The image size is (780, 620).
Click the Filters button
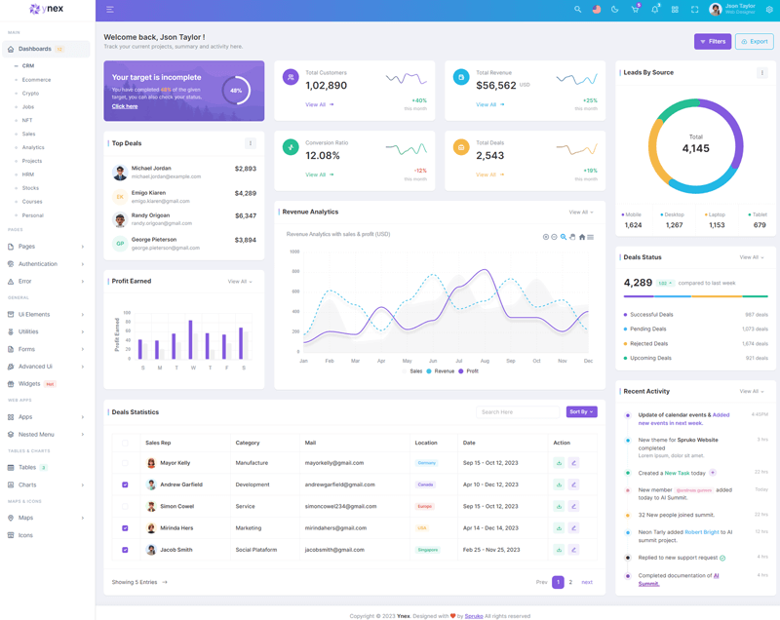tap(713, 41)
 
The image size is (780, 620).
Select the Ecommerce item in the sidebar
tap(36, 80)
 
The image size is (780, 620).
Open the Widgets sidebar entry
tap(29, 383)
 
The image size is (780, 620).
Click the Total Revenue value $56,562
tap(496, 86)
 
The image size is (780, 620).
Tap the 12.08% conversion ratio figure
tap(323, 156)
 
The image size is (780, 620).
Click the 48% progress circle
tap(236, 91)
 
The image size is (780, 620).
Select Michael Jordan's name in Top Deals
tap(150, 169)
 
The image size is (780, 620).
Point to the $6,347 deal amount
tap(245, 216)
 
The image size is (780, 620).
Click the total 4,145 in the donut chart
tap(695, 148)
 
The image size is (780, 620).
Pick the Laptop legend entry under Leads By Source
tap(716, 214)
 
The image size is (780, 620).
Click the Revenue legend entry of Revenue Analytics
tap(444, 371)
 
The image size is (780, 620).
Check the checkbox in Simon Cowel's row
tap(125, 507)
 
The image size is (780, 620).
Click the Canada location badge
tap(425, 484)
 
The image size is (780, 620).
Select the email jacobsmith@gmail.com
tap(333, 550)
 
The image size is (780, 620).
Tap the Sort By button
tap(581, 412)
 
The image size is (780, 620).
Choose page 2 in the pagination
tap(570, 582)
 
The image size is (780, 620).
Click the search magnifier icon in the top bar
tap(577, 10)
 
